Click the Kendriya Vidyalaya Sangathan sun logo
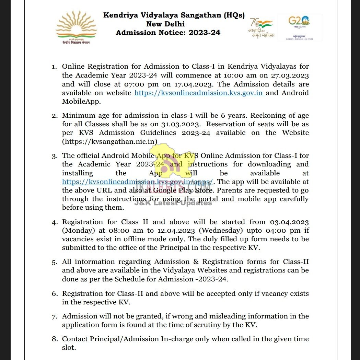tap(77, 27)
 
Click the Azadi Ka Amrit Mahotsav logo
tap(262, 28)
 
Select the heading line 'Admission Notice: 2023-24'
tap(168, 33)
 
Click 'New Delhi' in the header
tap(165, 24)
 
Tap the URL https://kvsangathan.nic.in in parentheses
tap(110, 141)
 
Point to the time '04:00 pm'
tap(285, 230)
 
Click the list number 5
tap(55, 262)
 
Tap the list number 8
tap(55, 339)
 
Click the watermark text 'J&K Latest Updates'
tap(173, 203)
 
